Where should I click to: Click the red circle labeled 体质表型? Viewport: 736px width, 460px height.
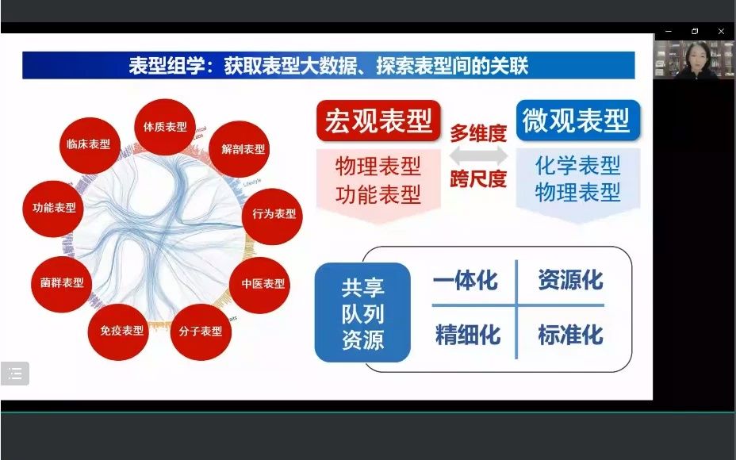165,127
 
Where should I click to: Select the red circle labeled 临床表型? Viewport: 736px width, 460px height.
88,144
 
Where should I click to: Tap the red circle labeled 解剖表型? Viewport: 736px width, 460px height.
243,149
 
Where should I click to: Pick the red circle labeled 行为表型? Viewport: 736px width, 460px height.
273,214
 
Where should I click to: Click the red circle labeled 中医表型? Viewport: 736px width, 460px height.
263,284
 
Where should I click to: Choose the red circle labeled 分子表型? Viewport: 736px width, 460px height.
200,331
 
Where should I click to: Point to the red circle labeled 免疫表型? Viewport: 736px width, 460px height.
121,330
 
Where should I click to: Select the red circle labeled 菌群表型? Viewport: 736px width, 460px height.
61,282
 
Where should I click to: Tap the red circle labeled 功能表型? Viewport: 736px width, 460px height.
54,208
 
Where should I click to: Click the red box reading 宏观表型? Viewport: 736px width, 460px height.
378,121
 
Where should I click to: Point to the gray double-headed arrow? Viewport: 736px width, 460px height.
478,156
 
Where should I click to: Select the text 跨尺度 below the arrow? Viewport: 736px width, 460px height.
478,179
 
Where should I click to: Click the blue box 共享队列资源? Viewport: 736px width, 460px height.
362,312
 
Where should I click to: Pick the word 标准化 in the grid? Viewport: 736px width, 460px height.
570,335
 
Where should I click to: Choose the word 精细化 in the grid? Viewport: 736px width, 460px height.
467,335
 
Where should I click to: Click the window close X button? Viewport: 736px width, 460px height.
720,31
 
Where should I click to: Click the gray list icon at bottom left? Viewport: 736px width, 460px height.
15,374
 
